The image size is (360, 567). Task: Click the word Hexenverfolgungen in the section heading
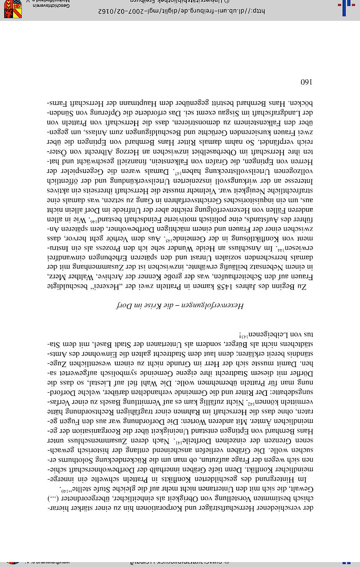pos(219,306)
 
